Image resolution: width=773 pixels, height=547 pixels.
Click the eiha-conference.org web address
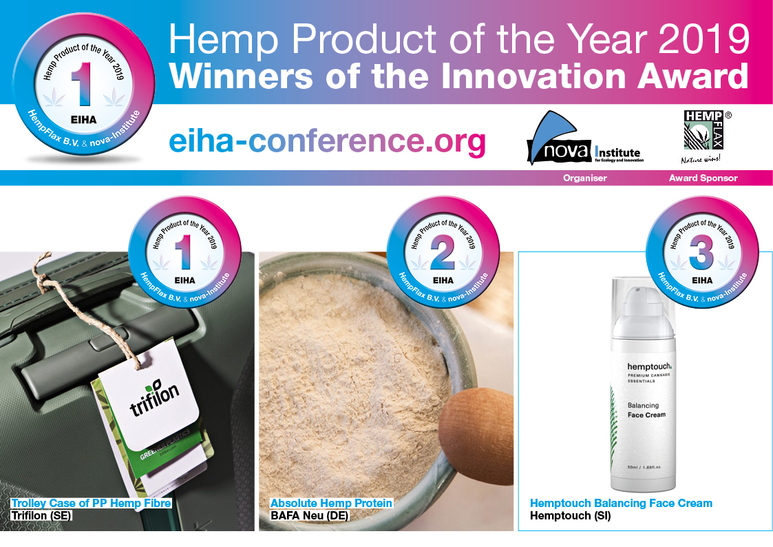327,141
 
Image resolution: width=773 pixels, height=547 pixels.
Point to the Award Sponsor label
703,178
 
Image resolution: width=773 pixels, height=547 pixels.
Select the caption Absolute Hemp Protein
331,504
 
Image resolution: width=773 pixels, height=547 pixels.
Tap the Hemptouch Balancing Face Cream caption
621,504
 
